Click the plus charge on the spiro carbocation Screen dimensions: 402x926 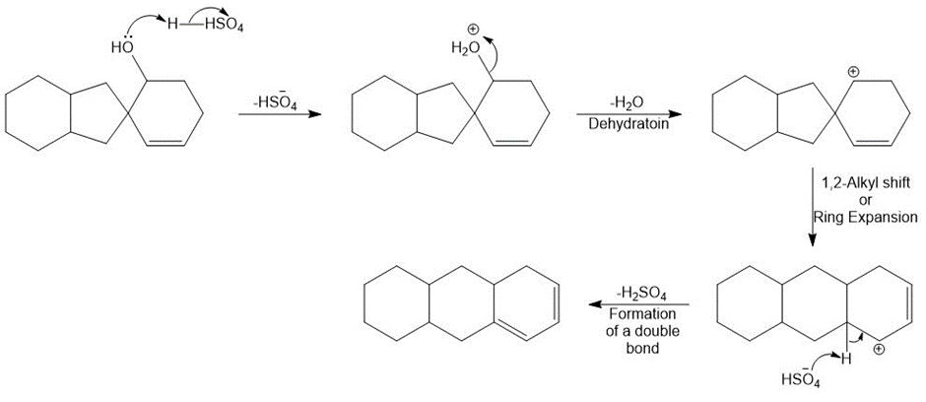click(853, 72)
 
